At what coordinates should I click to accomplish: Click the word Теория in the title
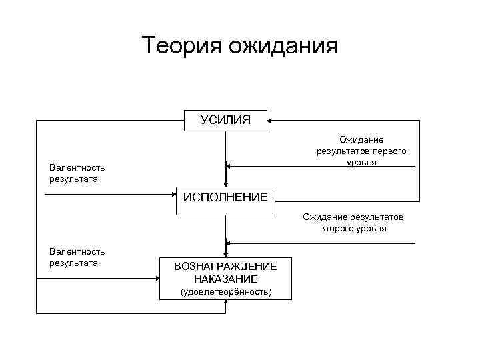point(182,46)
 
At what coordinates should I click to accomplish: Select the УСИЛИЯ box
point(225,120)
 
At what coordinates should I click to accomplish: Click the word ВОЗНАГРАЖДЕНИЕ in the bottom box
point(225,266)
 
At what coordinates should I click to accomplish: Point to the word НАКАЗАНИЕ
point(225,279)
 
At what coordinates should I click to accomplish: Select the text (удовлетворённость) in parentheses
point(225,292)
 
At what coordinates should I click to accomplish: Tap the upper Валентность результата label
point(77,173)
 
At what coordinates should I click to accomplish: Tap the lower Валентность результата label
point(77,257)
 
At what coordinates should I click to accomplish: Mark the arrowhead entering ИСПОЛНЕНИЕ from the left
point(173,195)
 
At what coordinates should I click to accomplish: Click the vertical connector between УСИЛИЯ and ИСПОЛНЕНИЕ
point(226,150)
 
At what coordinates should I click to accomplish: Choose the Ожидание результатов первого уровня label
point(361,151)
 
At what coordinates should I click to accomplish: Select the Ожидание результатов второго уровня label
point(353,223)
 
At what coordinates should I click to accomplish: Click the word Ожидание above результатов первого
point(361,140)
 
